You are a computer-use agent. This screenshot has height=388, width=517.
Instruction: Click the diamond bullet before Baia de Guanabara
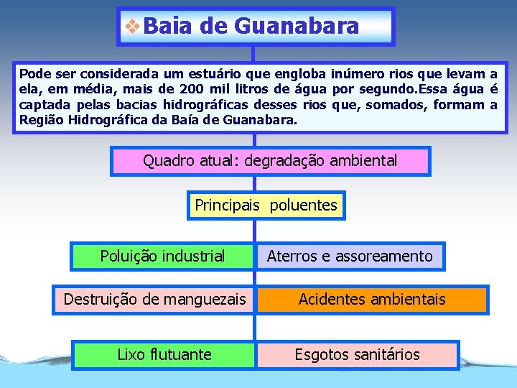133,27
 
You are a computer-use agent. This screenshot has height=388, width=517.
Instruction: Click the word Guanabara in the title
296,27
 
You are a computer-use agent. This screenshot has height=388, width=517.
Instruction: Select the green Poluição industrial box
162,256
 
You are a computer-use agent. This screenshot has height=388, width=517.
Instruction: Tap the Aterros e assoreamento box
350,256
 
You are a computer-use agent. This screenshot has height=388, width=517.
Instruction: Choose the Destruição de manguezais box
154,299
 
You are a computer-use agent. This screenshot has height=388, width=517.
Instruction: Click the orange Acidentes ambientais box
372,299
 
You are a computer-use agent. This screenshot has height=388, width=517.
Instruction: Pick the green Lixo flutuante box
164,354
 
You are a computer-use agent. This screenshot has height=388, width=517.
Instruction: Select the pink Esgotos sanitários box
358,354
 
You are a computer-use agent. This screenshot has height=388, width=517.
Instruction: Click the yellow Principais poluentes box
266,205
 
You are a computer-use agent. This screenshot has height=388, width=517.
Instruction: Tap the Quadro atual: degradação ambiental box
270,161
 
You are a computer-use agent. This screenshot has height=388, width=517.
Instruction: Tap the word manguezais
214,299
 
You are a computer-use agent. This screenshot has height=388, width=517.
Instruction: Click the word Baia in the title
169,27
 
